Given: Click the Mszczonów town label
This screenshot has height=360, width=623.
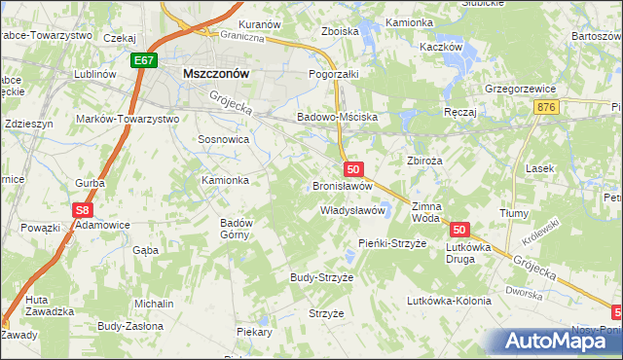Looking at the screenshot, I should coord(217,73).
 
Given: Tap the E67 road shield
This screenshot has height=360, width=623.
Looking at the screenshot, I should coord(144,60).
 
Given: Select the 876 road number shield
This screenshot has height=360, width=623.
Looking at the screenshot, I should coord(545,107).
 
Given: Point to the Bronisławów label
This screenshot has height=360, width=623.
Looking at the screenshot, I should coord(343,185).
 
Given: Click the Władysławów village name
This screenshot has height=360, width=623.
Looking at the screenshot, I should coord(354,210).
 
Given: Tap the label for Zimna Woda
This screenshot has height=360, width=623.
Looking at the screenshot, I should coord(426,213).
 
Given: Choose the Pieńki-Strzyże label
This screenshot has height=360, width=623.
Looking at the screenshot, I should coord(392,242).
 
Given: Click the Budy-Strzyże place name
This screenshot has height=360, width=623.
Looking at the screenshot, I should coord(321,277).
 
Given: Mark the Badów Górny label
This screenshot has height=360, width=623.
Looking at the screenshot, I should coord(237,229).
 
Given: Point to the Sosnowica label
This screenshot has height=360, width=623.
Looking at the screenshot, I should coord(224,140).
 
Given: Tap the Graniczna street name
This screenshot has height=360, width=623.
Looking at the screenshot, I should coord(242,39).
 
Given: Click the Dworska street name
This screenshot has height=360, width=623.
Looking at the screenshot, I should coord(523,291).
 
